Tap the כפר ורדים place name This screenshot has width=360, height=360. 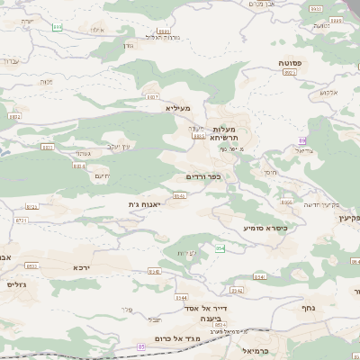click(202, 176)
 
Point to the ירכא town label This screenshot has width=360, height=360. click(82, 267)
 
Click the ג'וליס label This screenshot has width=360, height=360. click(16, 284)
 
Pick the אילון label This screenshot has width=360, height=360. click(97, 31)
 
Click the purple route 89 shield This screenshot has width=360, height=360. click(302, 140)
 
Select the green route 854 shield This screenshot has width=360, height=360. click(220, 247)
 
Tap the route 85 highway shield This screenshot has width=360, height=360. click(141, 346)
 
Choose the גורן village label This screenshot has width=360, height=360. click(126, 45)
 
